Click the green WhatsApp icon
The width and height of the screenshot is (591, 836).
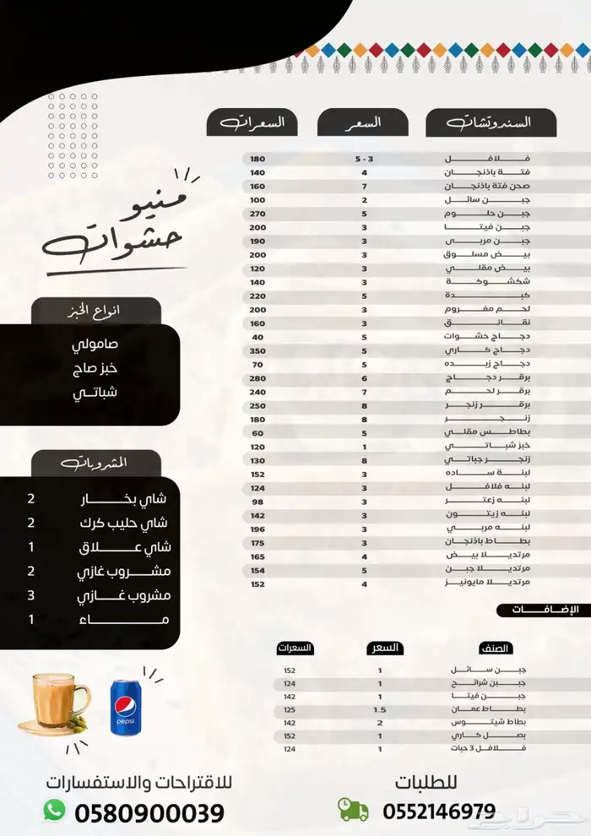pos(55,810)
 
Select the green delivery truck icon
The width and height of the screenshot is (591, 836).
pos(353,810)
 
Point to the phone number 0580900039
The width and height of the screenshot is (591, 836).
pos(149,813)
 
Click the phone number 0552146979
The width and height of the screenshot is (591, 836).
pos(439,812)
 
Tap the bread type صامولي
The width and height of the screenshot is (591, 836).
pos(95,345)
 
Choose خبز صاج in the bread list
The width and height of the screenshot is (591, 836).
pos(95,369)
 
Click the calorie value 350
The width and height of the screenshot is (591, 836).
pos(258,350)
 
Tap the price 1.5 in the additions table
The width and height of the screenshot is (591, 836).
pos(380,709)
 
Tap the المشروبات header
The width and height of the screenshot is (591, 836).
pos(95,463)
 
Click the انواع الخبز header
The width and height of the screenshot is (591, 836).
pos(95,311)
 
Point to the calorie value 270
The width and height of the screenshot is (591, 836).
pos(258,214)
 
